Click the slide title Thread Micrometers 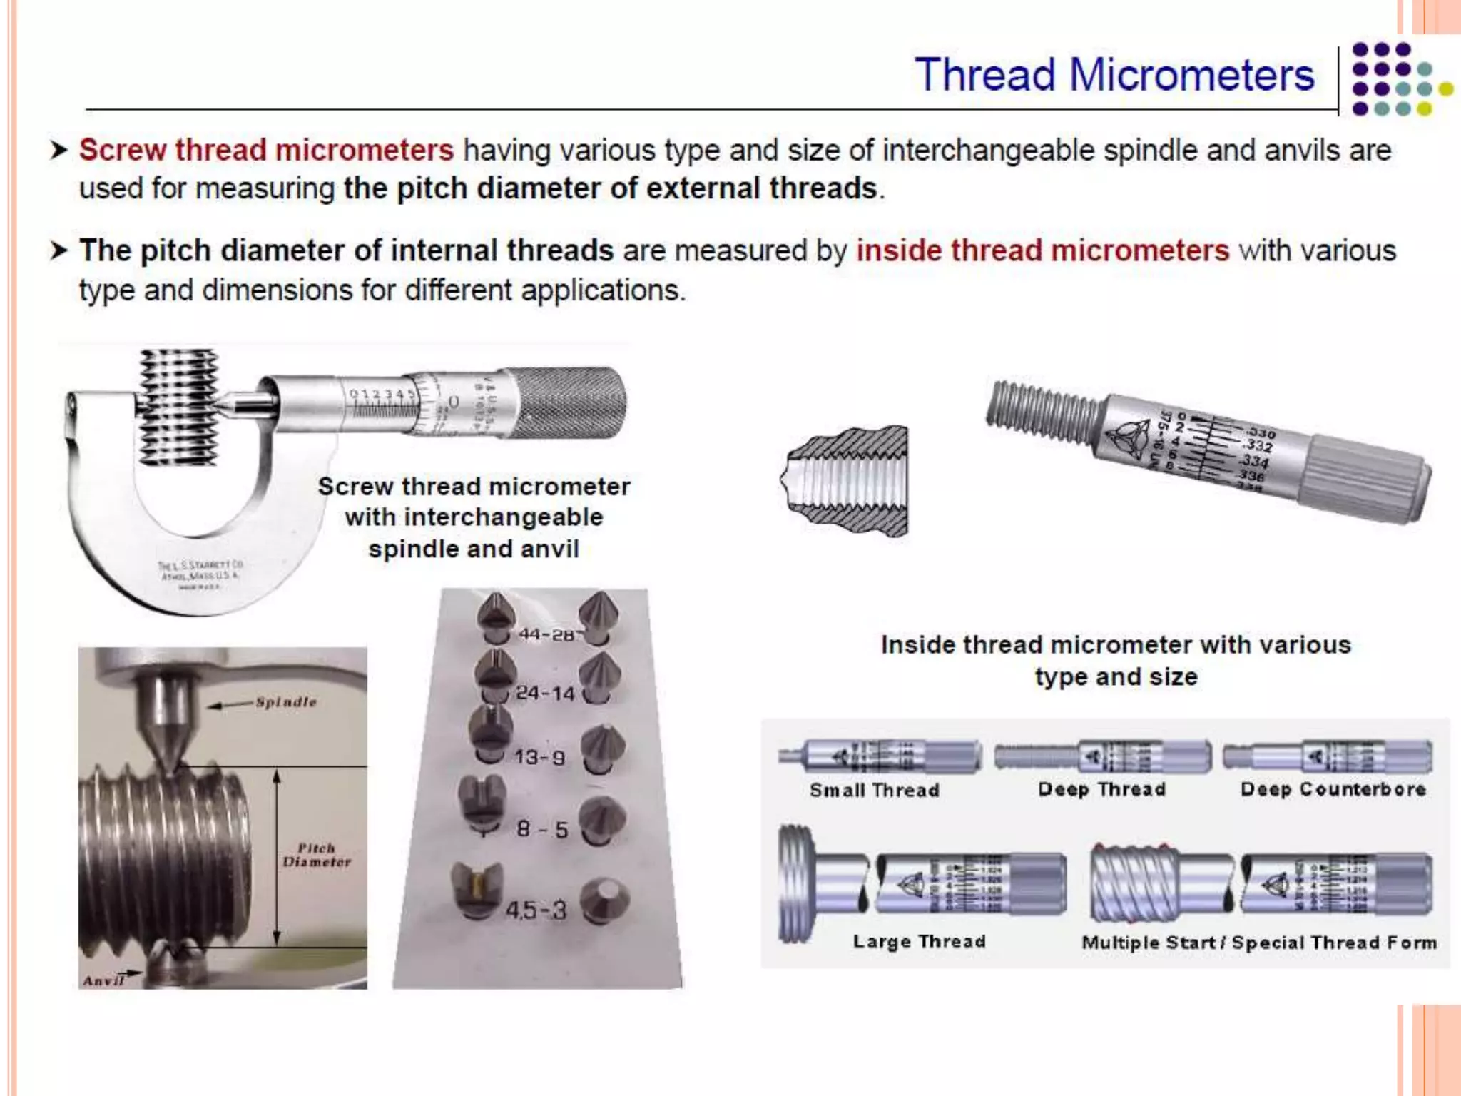(1114, 75)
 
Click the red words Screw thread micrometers (266, 151)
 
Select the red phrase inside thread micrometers (1042, 251)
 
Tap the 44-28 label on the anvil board (546, 634)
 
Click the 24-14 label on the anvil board (545, 693)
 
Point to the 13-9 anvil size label (540, 757)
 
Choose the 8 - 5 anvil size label (542, 829)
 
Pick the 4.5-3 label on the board (536, 910)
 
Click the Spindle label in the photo (286, 702)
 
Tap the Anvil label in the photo (103, 980)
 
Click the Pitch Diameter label (317, 855)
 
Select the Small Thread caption (874, 791)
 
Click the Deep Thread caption (1102, 789)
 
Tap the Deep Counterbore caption (1333, 789)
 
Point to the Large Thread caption (919, 942)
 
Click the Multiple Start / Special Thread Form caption (1259, 943)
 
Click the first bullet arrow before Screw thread (59, 151)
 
